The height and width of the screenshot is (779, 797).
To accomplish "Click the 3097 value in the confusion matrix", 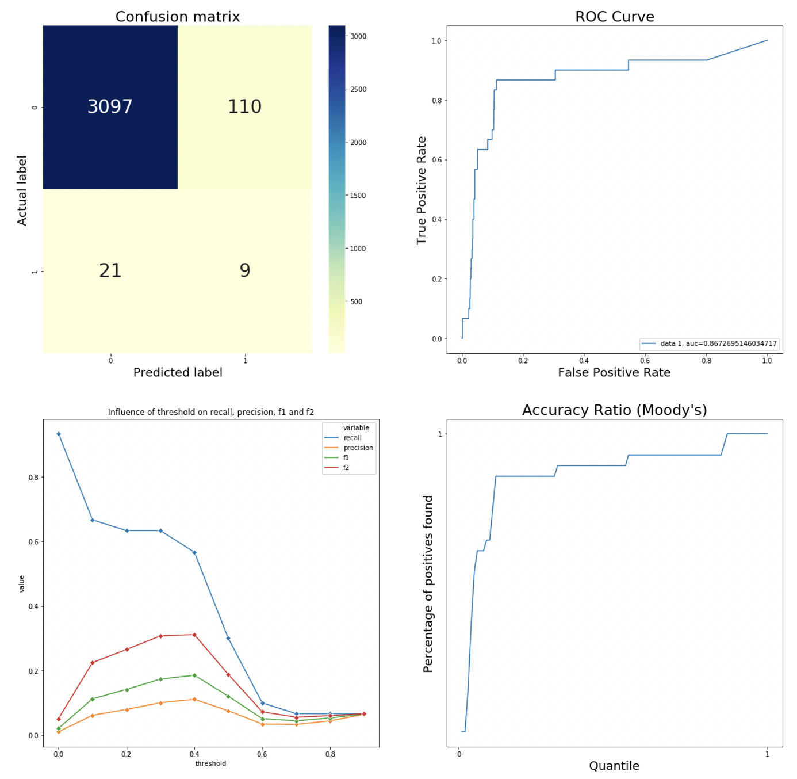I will pos(110,107).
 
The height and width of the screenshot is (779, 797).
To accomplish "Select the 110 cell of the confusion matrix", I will pos(244,107).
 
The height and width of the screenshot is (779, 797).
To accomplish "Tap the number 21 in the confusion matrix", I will pos(110,270).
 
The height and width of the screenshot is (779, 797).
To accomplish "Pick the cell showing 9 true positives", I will pos(245,270).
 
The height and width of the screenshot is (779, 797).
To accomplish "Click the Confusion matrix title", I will pos(178,17).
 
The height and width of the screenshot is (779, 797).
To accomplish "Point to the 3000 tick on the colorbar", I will pos(358,36).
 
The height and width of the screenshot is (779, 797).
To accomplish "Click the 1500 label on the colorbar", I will pos(358,196).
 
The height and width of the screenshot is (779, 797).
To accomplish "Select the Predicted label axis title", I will pos(178,373).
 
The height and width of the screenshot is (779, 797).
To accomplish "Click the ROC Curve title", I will pos(614,17).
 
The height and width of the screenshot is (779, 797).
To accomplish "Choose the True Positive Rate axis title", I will pos(422,190).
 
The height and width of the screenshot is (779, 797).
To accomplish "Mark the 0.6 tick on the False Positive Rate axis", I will pos(645,361).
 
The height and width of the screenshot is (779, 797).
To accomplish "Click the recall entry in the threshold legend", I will pos(352,438).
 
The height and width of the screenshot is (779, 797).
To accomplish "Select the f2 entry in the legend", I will pos(346,468).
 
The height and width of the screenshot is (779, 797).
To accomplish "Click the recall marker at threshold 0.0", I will pos(59,434).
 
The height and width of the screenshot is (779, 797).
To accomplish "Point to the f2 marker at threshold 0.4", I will pos(194,635).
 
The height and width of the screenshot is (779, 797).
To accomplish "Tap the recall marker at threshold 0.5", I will pos(228,638).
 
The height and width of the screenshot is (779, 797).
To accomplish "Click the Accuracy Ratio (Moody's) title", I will pos(614,410).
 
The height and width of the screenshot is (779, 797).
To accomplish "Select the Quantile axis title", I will pos(614,766).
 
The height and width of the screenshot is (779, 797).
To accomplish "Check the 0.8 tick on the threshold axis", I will pos(330,753).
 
